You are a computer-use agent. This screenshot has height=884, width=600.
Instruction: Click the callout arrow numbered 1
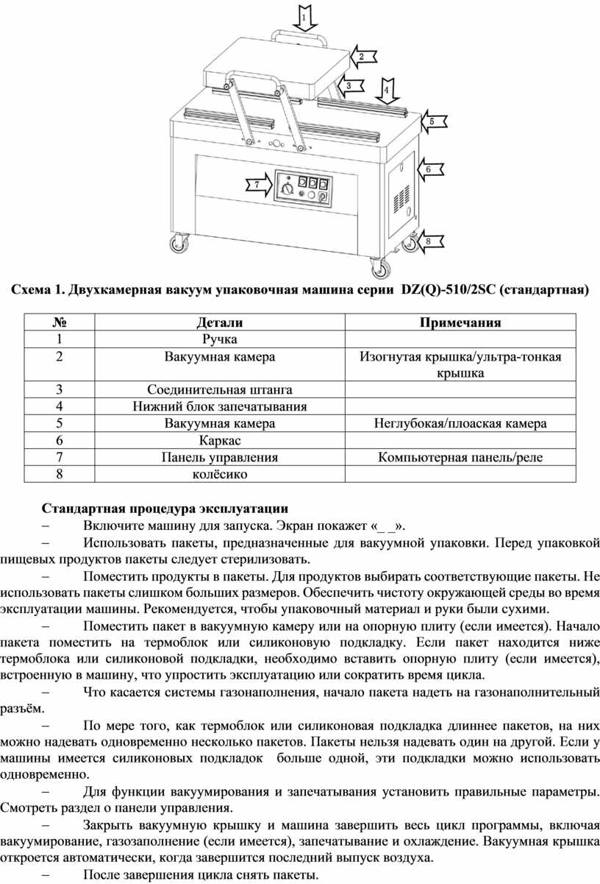(x=305, y=18)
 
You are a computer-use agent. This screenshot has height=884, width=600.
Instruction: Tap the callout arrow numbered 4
(x=386, y=91)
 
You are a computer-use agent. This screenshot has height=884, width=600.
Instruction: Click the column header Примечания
(x=460, y=322)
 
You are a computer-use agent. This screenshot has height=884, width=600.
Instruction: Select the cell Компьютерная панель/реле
(x=460, y=457)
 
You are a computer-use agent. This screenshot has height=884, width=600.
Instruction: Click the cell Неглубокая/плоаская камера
(x=460, y=423)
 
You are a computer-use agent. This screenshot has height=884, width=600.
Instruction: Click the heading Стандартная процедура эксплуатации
(x=165, y=509)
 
